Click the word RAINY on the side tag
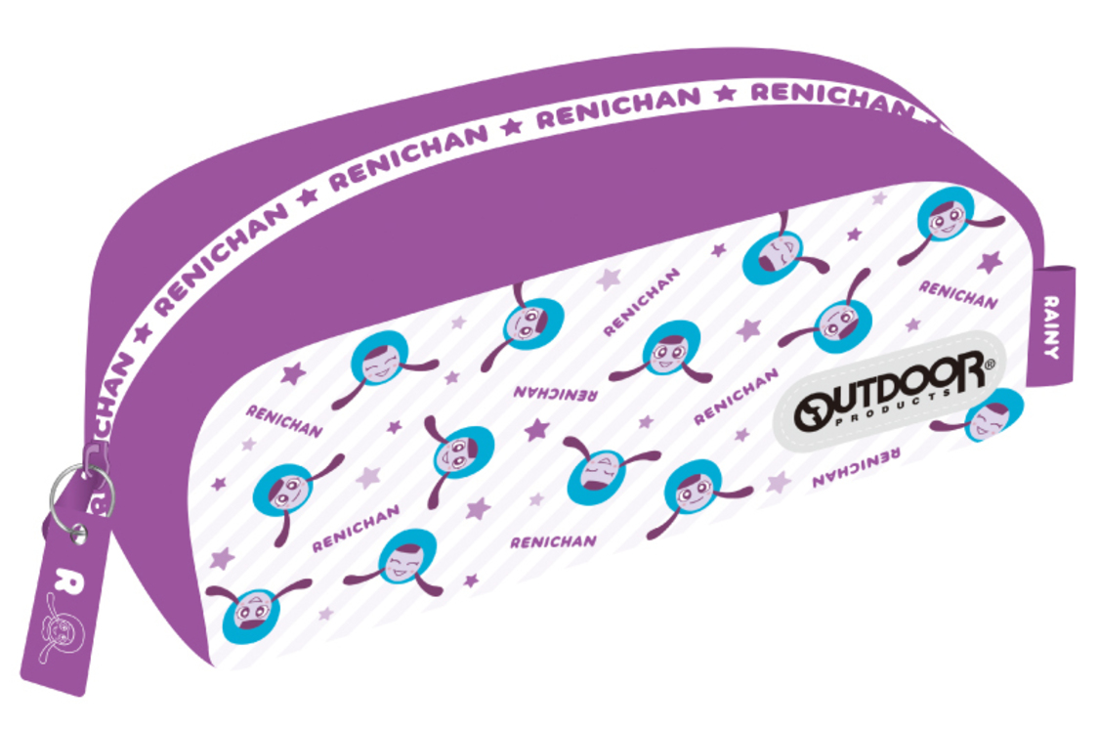tap(1051, 326)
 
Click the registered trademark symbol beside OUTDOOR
tap(989, 365)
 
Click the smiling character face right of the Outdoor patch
tap(993, 416)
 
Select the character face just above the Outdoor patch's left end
tap(836, 322)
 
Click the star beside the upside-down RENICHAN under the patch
tap(778, 481)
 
